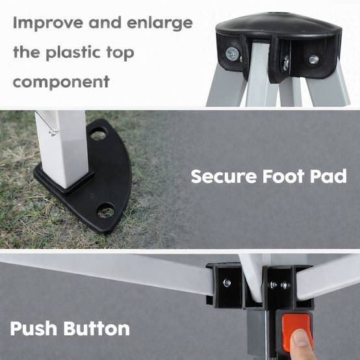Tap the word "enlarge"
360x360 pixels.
click(160, 23)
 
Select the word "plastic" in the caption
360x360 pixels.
click(73, 53)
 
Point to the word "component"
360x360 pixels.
click(61, 82)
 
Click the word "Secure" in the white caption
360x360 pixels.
click(224, 176)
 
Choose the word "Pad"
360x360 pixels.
click(328, 176)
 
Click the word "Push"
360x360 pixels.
click(33, 328)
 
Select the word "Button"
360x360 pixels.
click(97, 328)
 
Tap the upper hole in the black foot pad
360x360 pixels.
click(99, 134)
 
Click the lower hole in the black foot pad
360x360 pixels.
click(106, 211)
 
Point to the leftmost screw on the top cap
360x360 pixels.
click(232, 54)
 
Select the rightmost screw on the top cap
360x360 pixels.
click(314, 60)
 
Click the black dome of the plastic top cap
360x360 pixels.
click(279, 24)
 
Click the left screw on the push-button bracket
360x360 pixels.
click(227, 283)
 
